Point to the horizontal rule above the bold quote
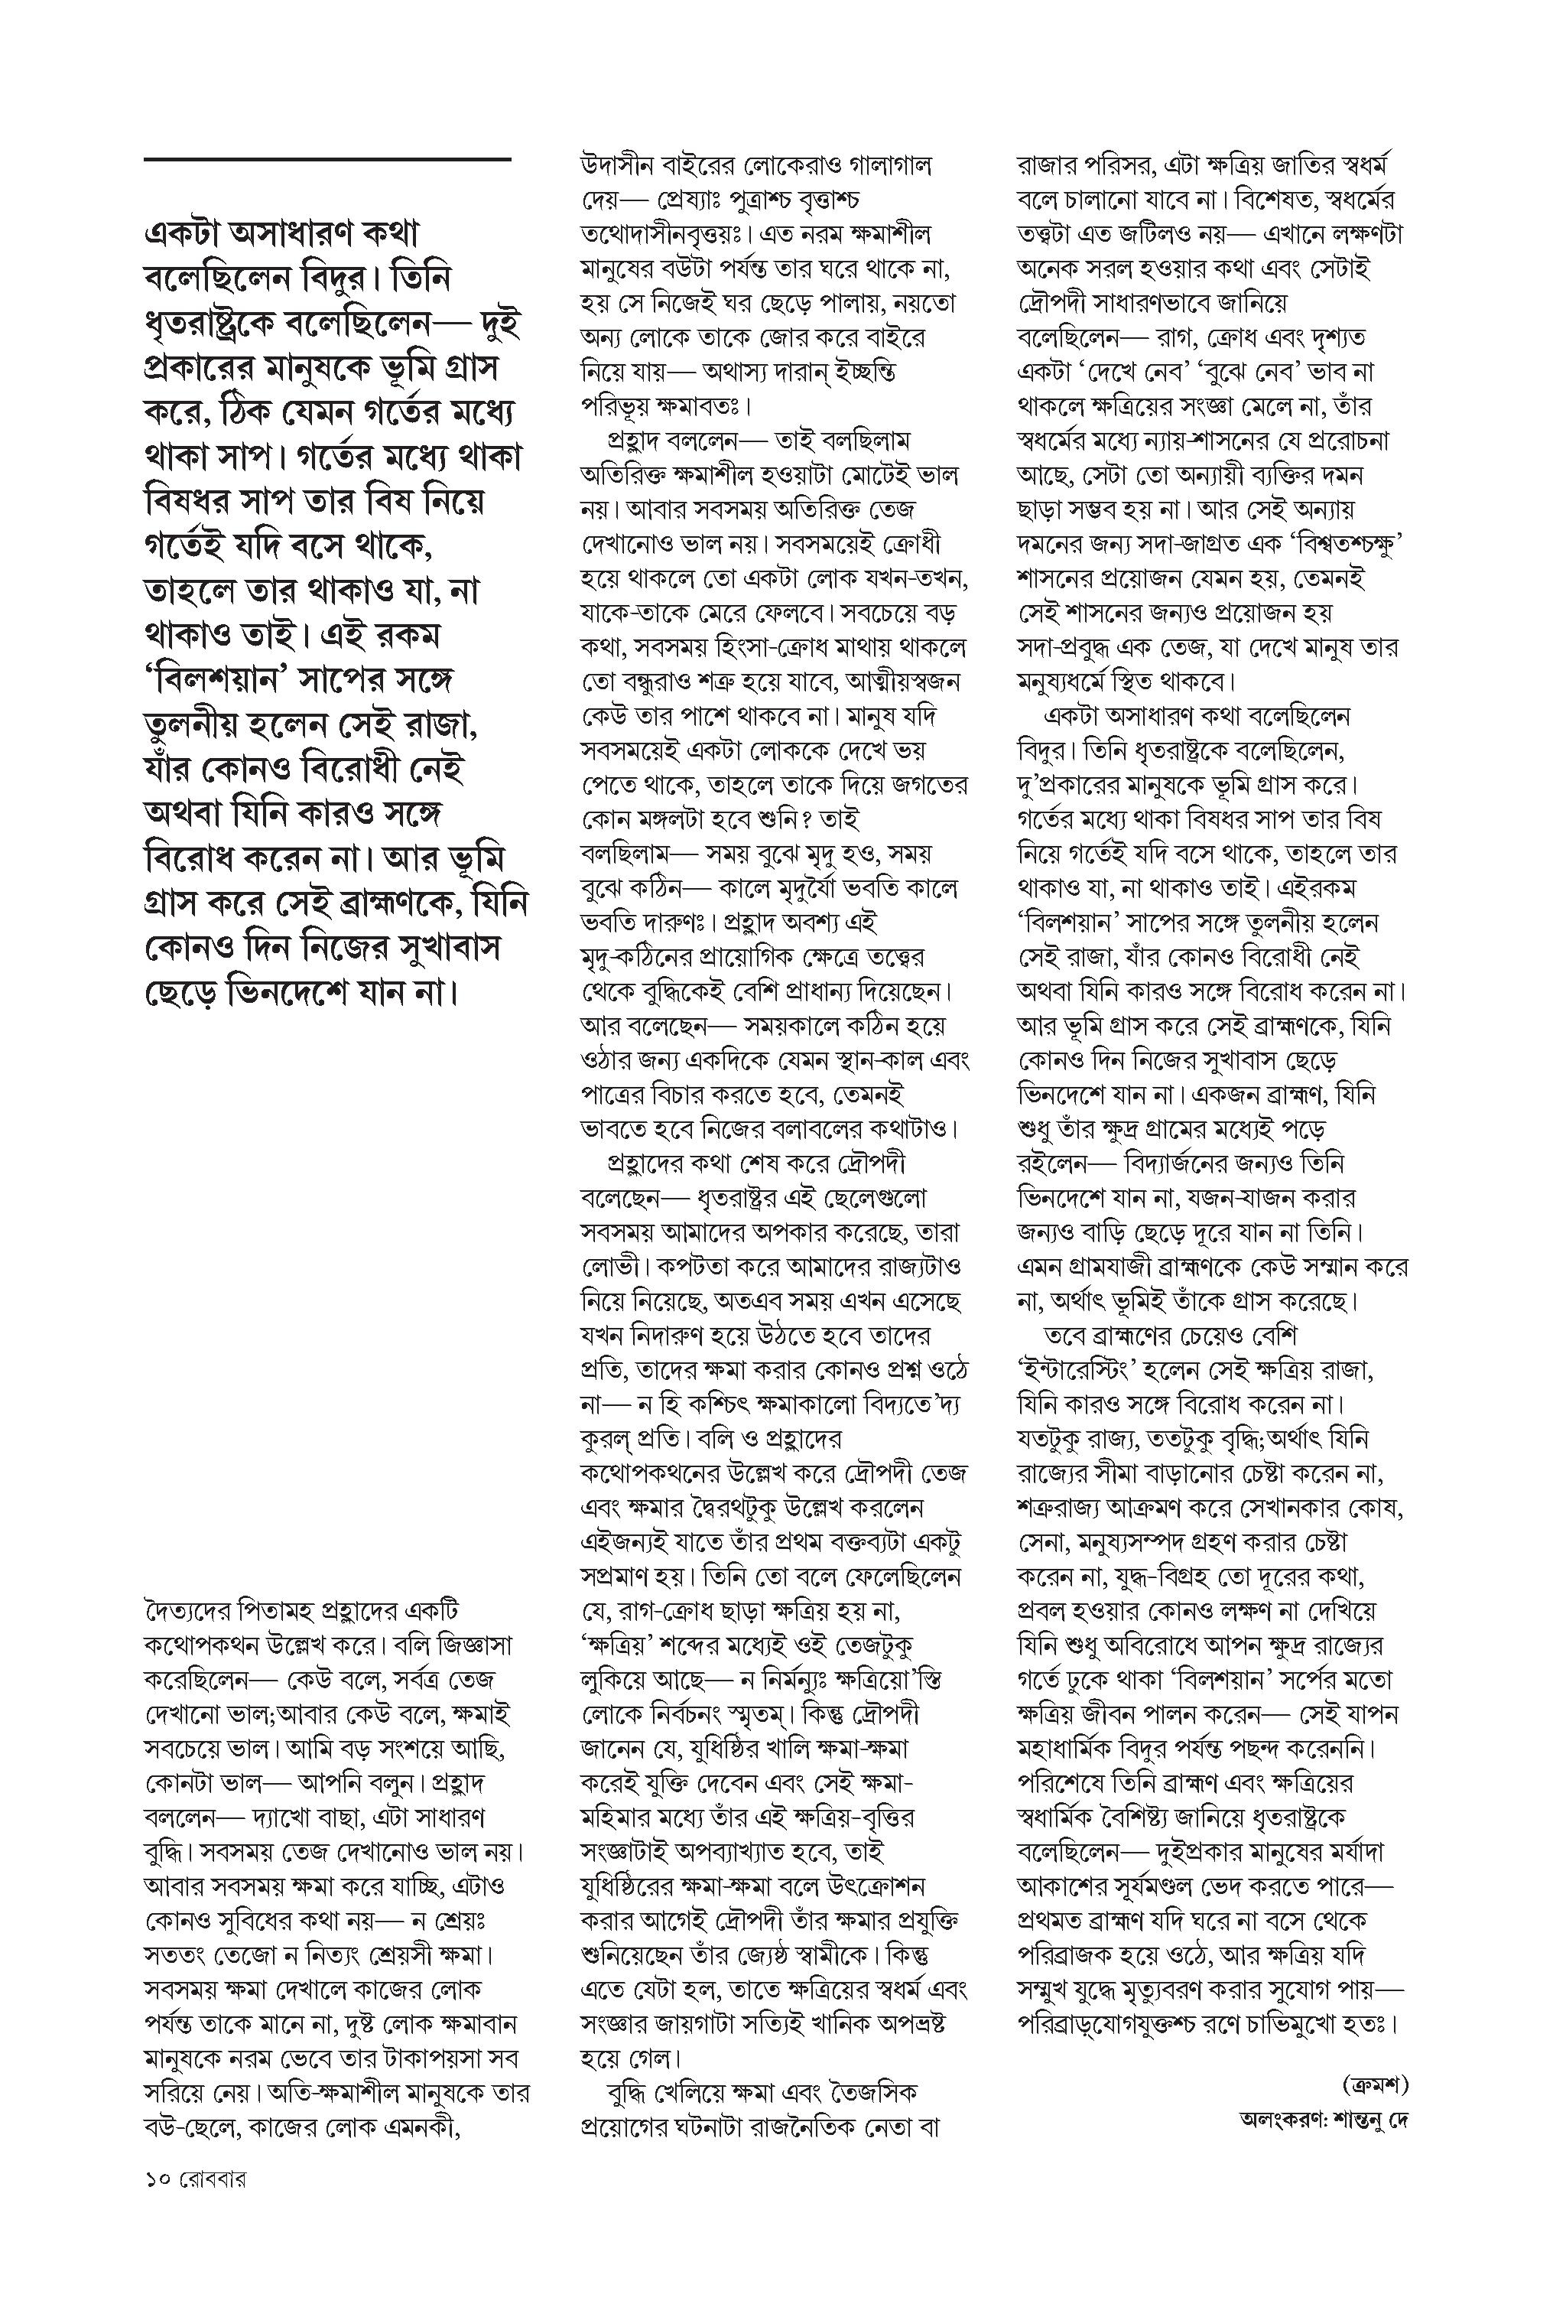[327, 158]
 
